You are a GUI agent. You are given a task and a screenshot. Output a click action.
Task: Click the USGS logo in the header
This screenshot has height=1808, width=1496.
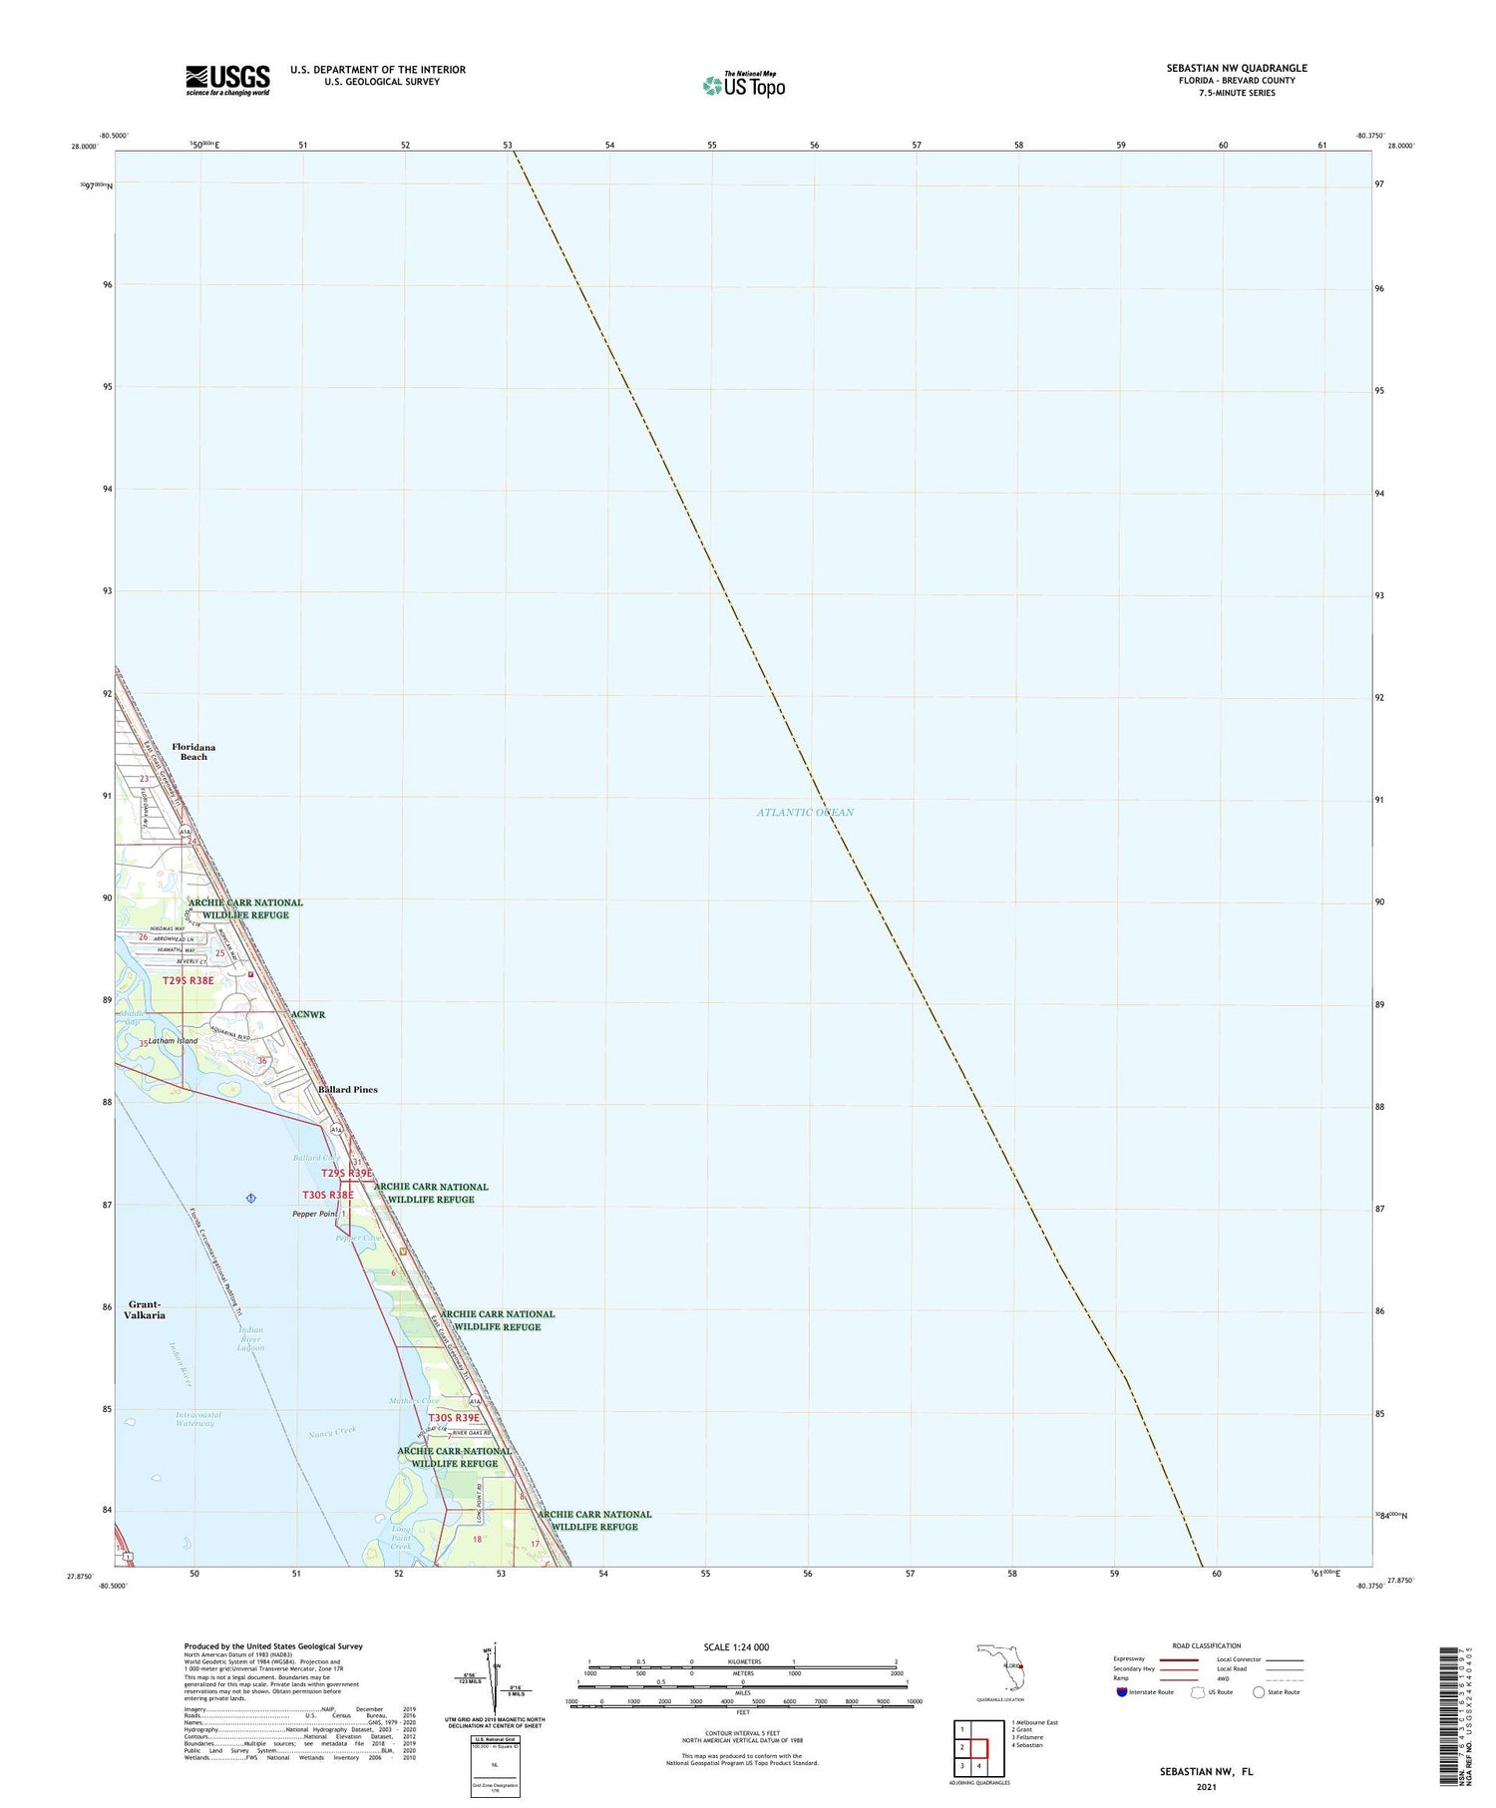pos(227,80)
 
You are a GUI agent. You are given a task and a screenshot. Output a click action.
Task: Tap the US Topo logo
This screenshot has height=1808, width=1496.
pos(744,86)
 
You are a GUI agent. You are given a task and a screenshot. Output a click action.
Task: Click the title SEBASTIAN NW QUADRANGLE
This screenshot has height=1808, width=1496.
pos(1237,68)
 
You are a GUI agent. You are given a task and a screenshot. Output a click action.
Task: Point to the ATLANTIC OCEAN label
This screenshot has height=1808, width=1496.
pos(805,812)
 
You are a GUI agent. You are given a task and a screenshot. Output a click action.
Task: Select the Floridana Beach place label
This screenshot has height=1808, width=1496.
pos(193,752)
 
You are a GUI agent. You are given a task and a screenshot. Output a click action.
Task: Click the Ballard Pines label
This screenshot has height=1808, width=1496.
pos(348,1090)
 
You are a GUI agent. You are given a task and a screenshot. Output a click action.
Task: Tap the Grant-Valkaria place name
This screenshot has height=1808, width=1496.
pos(146,1309)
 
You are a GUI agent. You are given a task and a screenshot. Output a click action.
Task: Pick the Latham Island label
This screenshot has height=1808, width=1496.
pos(174,1041)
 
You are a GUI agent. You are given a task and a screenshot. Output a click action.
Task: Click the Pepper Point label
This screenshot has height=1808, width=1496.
pos(315,1214)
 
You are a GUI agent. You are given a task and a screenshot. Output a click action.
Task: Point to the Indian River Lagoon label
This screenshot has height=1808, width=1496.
pos(250,1338)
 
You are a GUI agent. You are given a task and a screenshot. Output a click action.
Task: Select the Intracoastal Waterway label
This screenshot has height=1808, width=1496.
pos(197,1419)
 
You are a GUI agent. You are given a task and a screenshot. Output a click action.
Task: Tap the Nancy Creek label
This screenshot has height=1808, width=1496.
pos(332,1432)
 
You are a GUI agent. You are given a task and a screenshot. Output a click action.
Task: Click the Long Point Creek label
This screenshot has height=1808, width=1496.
pos(401,1537)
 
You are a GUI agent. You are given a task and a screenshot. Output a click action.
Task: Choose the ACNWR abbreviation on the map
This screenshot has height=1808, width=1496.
pos(308,1014)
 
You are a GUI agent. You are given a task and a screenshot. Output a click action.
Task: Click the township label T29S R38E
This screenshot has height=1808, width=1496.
pos(188,980)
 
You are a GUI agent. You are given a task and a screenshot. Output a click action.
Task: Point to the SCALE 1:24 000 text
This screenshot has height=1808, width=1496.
pos(736,1646)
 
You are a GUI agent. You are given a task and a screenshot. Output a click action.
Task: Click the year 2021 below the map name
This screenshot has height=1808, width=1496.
pos(1206,1786)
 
